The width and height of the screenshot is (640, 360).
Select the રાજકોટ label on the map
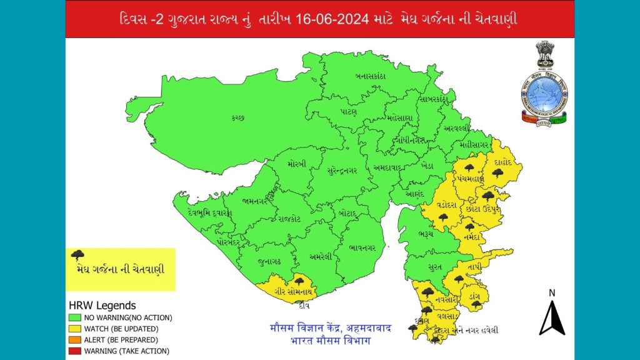(x=289, y=219)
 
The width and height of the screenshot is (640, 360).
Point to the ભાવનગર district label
(x=362, y=248)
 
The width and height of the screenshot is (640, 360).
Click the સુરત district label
(x=436, y=267)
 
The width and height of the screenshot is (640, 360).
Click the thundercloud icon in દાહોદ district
(x=498, y=173)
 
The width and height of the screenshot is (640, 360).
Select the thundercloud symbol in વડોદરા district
(x=443, y=217)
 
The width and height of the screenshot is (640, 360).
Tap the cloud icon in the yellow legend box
(x=79, y=255)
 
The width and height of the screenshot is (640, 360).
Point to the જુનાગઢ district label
(x=269, y=260)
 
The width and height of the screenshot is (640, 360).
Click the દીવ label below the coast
(x=304, y=305)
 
